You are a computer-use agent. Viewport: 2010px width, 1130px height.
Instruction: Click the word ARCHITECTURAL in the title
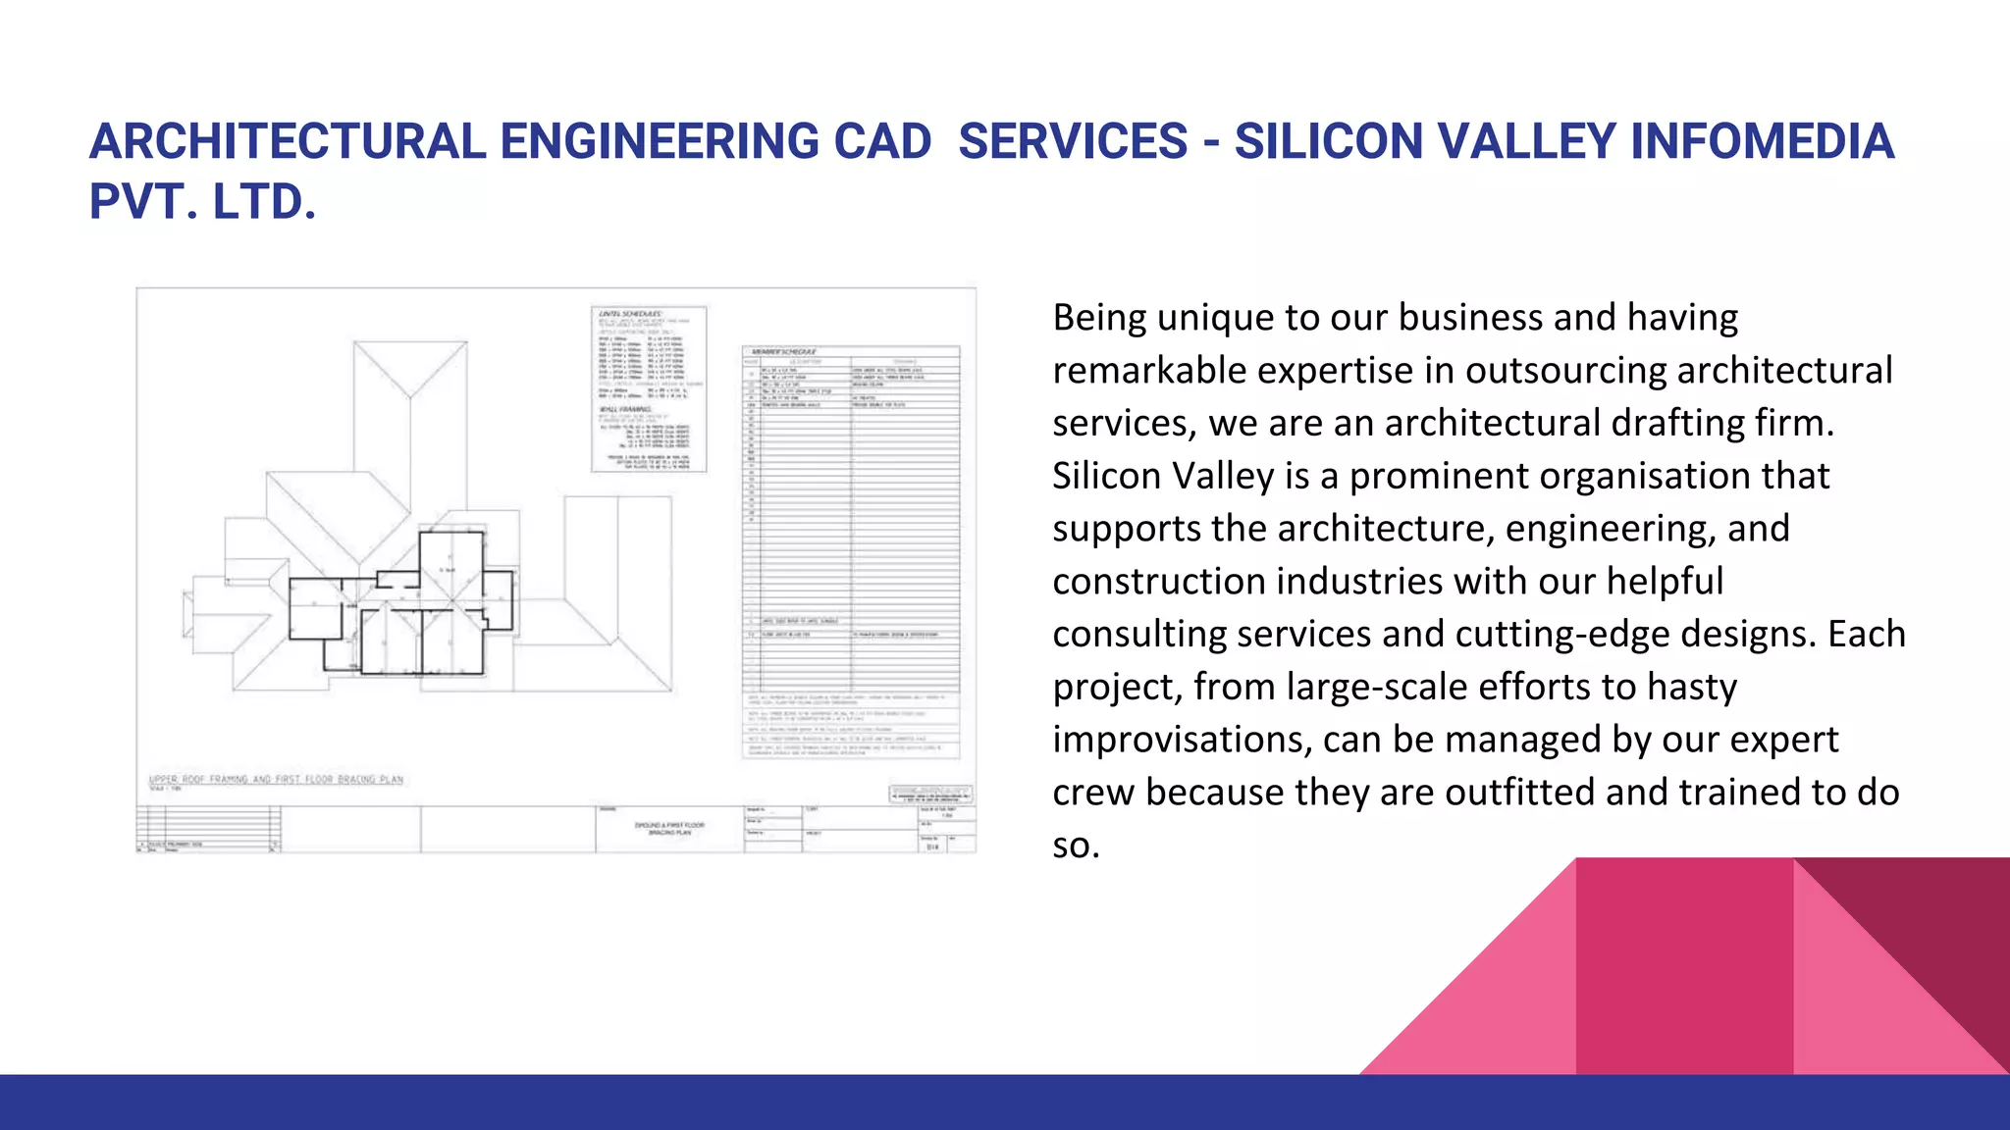(x=287, y=142)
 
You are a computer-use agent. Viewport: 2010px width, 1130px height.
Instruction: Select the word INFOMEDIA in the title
(x=1761, y=142)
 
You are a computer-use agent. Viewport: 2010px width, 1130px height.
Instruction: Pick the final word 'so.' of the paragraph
(x=1076, y=846)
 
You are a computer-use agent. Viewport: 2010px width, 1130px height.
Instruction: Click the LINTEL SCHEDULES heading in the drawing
(x=629, y=314)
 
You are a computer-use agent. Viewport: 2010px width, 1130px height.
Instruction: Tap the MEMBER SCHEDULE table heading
(x=782, y=351)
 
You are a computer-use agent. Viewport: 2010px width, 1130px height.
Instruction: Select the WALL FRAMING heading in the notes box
(x=624, y=409)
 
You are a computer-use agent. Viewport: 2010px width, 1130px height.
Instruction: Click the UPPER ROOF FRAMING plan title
(x=276, y=780)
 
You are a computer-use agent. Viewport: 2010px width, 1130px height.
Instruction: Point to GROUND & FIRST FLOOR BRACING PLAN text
(x=669, y=829)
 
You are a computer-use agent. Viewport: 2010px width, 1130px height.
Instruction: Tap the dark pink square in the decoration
(x=1683, y=966)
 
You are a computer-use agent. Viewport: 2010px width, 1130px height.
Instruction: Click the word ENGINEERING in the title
(x=659, y=142)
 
